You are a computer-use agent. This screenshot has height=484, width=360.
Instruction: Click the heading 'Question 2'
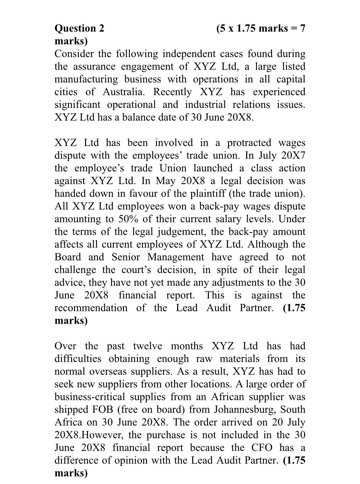[x=79, y=28]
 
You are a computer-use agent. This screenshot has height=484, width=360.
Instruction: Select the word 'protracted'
[x=249, y=143]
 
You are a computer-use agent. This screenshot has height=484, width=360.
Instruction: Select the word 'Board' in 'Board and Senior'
[x=68, y=257]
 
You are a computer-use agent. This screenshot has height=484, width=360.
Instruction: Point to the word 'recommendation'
[x=91, y=308]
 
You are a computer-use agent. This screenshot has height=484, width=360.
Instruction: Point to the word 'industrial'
[x=206, y=105]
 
